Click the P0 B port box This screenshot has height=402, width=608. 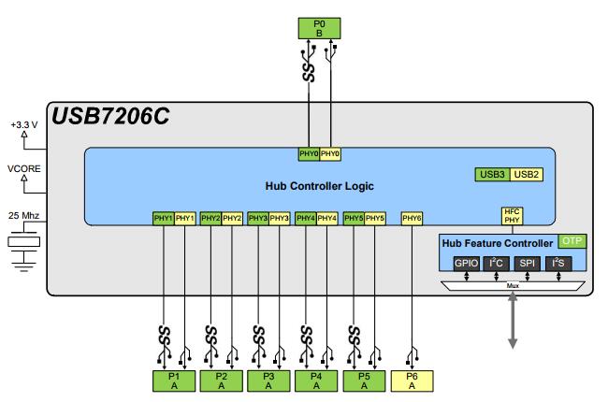coord(318,28)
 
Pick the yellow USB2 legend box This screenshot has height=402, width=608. coord(528,174)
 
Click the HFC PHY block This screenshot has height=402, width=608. coord(513,216)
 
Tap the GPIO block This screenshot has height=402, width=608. coord(466,265)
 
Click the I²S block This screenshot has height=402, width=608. coord(559,265)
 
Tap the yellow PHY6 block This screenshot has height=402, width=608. coord(412,218)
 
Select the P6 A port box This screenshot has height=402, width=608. coord(412,380)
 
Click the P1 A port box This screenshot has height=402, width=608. coord(175,380)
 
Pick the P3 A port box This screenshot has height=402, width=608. coord(269,380)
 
